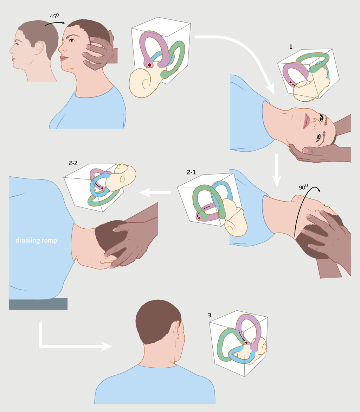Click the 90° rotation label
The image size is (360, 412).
[x=303, y=188]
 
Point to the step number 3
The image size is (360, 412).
[x=210, y=315]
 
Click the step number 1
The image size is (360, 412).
[x=290, y=46]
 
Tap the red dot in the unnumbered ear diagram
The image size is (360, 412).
[x=150, y=65]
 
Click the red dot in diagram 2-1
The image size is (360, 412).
[x=199, y=218]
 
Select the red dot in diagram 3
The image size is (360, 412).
[x=246, y=342]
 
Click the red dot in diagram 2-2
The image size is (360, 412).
[x=102, y=189]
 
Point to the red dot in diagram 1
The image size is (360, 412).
[x=290, y=82]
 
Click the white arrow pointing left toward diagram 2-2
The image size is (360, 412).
[x=155, y=192]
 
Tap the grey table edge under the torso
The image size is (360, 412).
[x=38, y=304]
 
